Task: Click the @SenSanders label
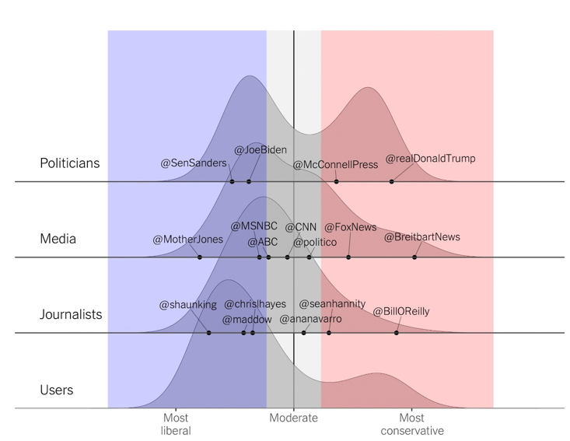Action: (194, 163)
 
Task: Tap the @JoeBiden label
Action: (261, 150)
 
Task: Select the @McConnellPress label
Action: (335, 164)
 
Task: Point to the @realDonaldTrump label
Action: (430, 159)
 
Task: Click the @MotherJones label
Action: (187, 239)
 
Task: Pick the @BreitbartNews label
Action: (422, 236)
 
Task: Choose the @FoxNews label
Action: (350, 227)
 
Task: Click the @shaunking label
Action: (188, 305)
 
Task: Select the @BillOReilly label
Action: (401, 311)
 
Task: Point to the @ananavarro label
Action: (310, 319)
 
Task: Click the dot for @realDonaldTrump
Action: (391, 181)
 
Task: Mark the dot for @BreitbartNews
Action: (414, 257)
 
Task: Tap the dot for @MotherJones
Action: (200, 257)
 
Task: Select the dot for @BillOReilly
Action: (397, 333)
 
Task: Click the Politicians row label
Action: (70, 163)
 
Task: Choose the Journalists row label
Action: (71, 315)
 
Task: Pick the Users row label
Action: (57, 390)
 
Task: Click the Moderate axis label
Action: (293, 418)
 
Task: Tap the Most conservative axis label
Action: (412, 424)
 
